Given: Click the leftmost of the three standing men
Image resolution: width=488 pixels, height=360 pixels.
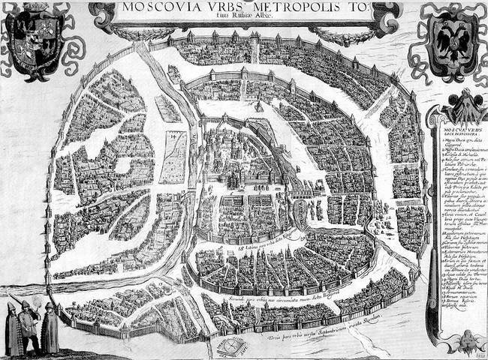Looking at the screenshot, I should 13,330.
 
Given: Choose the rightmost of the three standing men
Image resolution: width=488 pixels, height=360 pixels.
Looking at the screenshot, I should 50,330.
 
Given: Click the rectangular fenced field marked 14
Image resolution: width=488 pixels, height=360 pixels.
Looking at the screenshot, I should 174,157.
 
